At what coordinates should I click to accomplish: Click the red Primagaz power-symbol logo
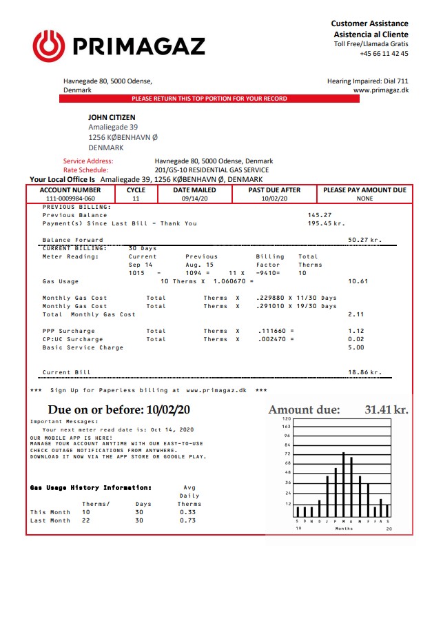point(48,45)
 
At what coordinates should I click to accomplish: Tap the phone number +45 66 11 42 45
point(384,54)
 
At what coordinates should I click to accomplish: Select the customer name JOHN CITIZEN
point(112,118)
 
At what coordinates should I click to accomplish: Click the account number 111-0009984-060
point(70,199)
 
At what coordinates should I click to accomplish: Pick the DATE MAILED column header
point(194,190)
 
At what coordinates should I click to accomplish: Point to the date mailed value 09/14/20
point(194,199)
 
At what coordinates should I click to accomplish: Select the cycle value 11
point(136,199)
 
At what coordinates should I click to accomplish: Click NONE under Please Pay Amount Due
point(364,199)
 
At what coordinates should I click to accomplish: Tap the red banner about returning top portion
point(209,99)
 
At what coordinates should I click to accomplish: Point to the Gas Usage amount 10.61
point(358,281)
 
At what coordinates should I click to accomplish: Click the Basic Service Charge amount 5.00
point(356,347)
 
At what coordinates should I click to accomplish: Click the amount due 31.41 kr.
point(386,410)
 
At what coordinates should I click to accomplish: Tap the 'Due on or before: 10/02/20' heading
point(119,410)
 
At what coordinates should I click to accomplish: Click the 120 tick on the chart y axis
point(287,418)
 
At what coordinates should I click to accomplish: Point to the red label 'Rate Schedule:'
point(86,170)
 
